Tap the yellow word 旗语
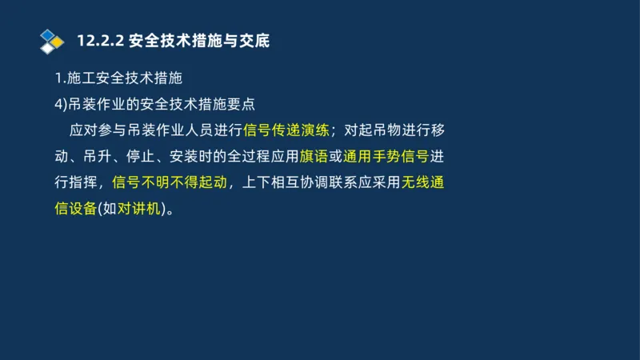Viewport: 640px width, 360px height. [314, 156]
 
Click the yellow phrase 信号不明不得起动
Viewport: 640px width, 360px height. [170, 182]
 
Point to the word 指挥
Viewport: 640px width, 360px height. [79, 182]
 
